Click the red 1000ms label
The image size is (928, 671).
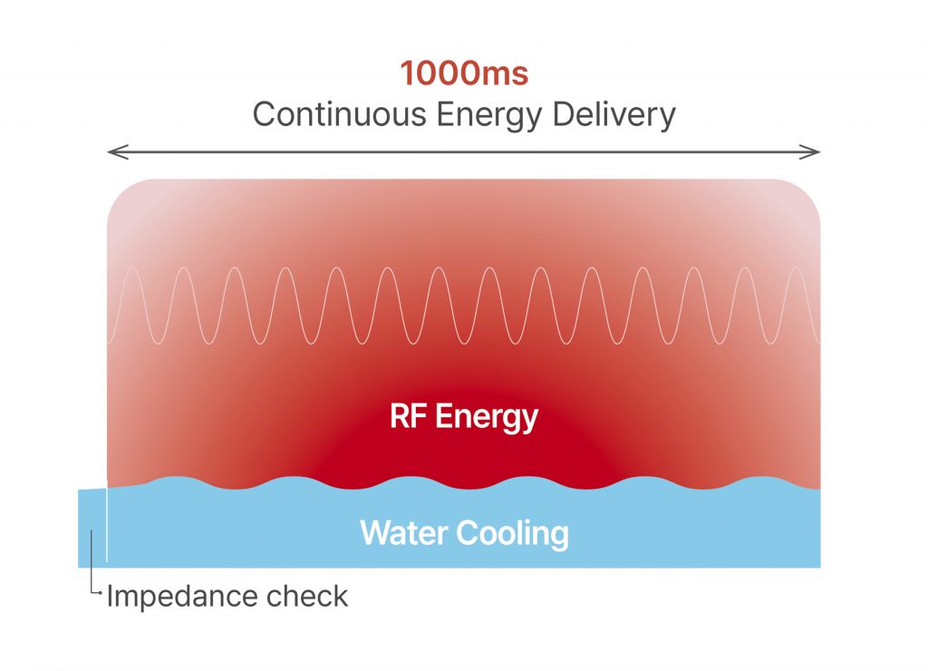pos(464,73)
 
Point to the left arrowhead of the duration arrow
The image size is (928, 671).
pos(112,152)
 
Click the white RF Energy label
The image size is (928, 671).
pos(464,417)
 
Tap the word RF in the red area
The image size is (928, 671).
pos(407,417)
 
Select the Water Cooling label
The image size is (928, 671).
pos(464,532)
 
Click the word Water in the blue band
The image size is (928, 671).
pos(404,532)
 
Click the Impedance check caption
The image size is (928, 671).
pos(227,597)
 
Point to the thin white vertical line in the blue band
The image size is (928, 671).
pos(107,526)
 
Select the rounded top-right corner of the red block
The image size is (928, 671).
pos(807,192)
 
